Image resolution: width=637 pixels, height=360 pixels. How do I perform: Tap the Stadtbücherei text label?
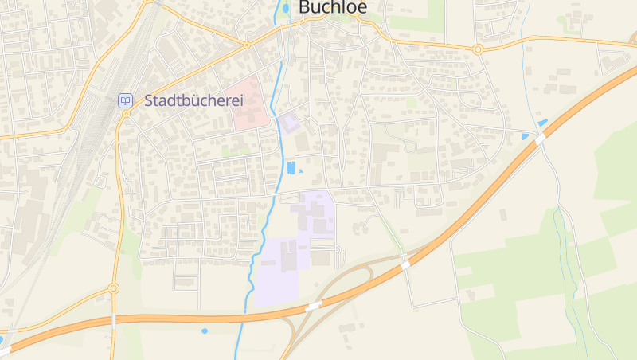[193, 101]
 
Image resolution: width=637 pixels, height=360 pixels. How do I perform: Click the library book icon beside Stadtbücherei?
[125, 100]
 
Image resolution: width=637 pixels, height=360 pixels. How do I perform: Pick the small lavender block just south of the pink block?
[287, 123]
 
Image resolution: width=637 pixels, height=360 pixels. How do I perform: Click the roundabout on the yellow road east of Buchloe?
[478, 49]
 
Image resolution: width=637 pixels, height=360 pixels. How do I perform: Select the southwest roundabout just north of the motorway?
[114, 288]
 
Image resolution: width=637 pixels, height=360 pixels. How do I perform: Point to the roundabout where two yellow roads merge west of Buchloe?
[247, 45]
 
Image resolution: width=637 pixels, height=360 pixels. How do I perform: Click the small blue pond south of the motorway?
[205, 331]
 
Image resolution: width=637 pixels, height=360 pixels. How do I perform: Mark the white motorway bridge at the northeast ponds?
[540, 139]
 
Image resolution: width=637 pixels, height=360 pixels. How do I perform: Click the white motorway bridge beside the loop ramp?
[405, 264]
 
